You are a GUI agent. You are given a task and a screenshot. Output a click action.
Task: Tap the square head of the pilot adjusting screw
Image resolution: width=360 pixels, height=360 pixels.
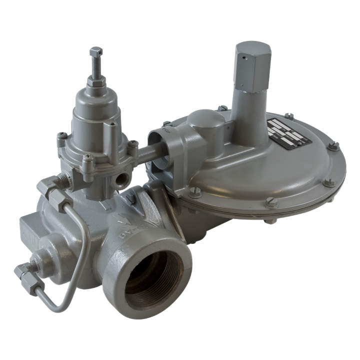coord(96,51)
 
